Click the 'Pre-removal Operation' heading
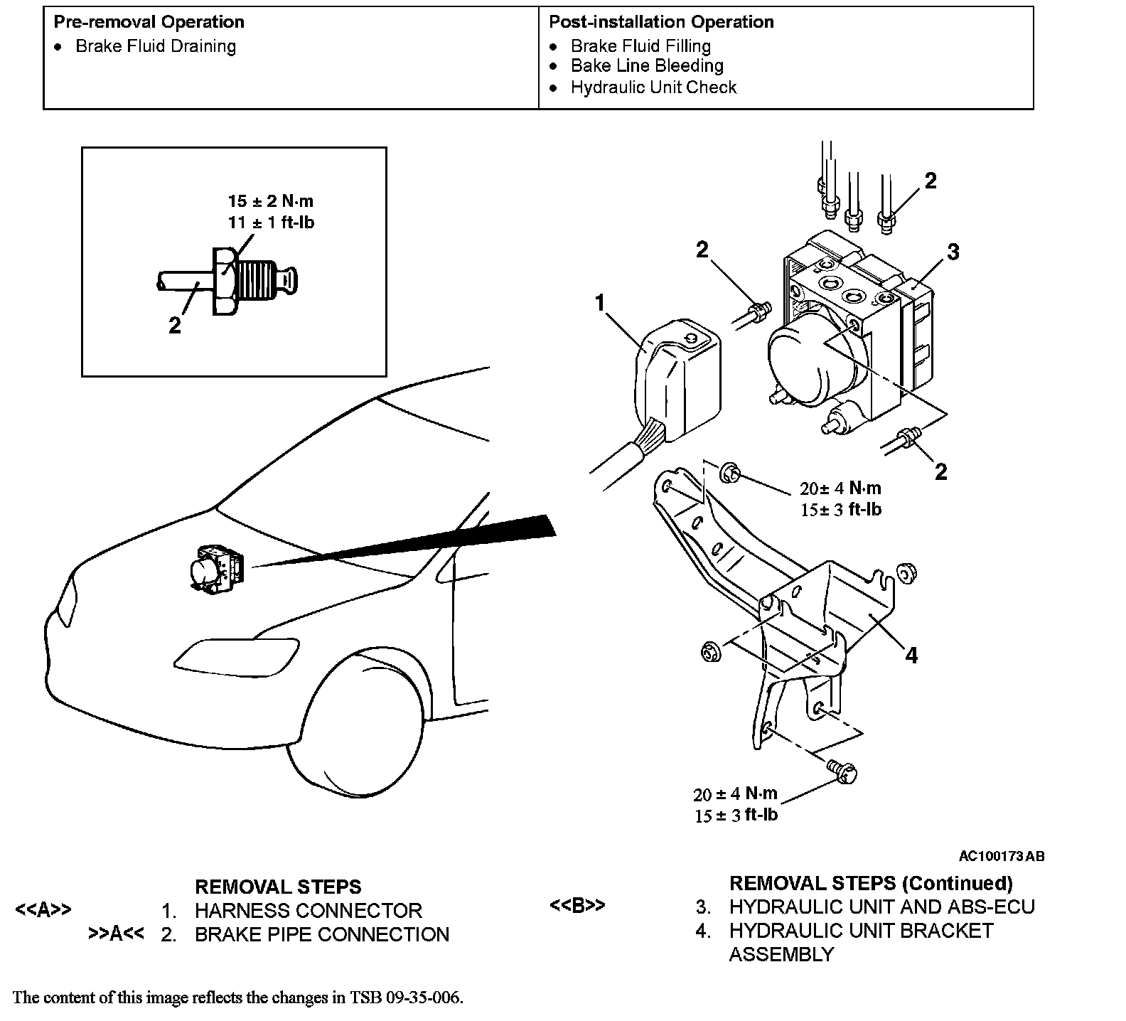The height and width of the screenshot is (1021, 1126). click(x=149, y=22)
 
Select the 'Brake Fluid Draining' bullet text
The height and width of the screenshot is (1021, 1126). click(x=156, y=46)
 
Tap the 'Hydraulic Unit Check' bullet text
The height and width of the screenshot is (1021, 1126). click(x=653, y=87)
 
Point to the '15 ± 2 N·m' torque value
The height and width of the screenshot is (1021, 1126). click(x=270, y=201)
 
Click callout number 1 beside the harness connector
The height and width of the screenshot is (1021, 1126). click(x=600, y=304)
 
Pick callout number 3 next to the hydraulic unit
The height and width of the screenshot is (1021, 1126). click(x=953, y=252)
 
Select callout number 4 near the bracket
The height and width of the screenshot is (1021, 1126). click(x=911, y=655)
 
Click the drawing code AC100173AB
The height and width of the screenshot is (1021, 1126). click(x=1001, y=856)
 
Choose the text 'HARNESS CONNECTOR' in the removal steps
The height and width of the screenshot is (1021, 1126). click(x=308, y=911)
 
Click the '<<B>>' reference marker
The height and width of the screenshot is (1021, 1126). click(x=577, y=906)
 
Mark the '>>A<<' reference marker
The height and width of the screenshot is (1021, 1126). click(x=116, y=934)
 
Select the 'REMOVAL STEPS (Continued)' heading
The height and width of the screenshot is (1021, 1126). click(x=871, y=883)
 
